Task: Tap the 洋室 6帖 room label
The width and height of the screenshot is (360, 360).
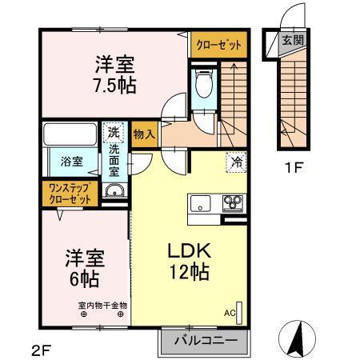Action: click(x=84, y=269)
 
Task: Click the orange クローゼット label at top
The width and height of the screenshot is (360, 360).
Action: click(x=218, y=46)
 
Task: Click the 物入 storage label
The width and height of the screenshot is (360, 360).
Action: click(x=143, y=134)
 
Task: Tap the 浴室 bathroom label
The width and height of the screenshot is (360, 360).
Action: click(x=72, y=161)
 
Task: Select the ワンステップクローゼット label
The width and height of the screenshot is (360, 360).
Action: click(x=71, y=193)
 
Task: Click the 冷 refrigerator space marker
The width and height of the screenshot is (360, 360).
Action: click(x=237, y=161)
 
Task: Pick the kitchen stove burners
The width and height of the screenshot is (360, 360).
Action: click(x=232, y=202)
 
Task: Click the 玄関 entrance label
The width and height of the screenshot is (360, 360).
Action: click(x=293, y=39)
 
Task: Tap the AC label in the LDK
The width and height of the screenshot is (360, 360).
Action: click(x=230, y=313)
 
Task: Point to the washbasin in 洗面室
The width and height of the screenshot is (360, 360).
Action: click(x=114, y=190)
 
